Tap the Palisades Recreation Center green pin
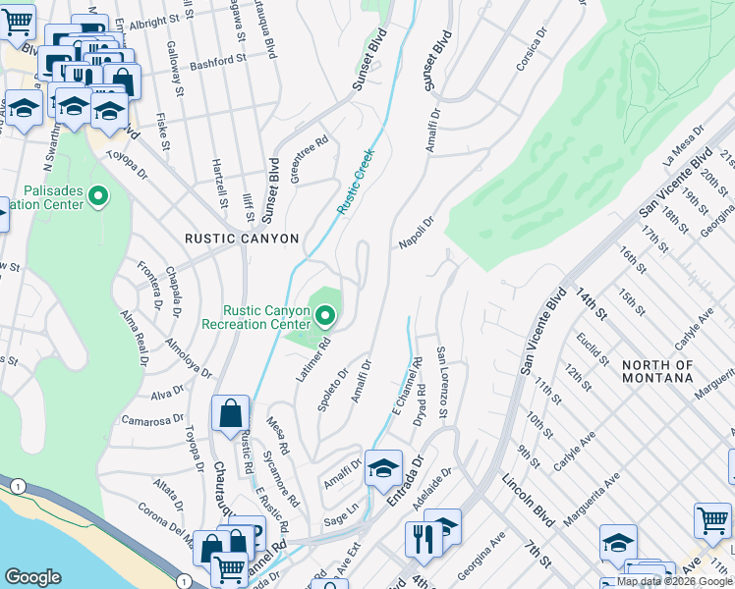pos(97,197)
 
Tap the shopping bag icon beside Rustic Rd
pos(230,415)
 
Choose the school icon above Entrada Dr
pos(383,469)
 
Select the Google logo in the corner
pos(32,577)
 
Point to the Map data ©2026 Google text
pos(675,581)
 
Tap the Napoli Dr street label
pos(417,234)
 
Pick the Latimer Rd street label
pos(311,360)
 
